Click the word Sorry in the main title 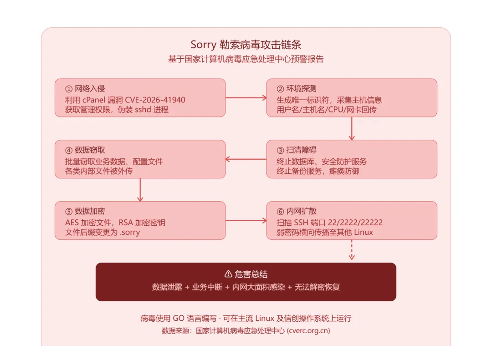coord(203,45)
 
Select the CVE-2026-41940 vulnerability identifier coord(155,100)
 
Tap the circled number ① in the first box coord(69,89)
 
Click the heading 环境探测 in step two coord(301,89)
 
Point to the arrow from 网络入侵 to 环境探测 coord(246,98)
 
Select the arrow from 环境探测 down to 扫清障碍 coord(352,128)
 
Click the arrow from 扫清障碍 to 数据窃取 coord(246,159)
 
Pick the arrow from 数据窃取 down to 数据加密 coord(140,190)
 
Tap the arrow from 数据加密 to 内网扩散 coord(246,221)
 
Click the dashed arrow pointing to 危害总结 coord(352,250)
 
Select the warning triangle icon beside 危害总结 coord(228,274)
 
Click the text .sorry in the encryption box coord(130,233)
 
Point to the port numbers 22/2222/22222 coord(355,223)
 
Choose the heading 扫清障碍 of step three coord(301,150)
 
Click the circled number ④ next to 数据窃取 coord(69,151)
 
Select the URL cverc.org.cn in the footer coord(308,331)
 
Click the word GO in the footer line coord(179,319)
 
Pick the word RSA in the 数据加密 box coord(126,223)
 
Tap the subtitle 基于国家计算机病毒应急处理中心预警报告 coord(246,59)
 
